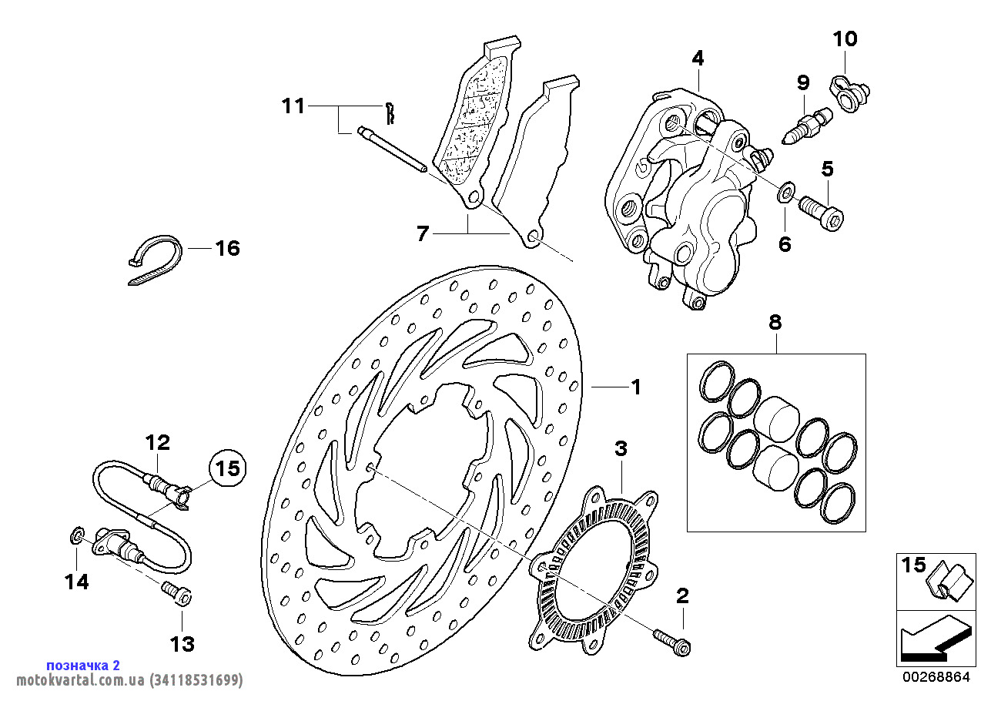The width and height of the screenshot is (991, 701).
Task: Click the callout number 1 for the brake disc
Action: tap(636, 387)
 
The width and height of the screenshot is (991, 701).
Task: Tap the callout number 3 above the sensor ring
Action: tap(621, 448)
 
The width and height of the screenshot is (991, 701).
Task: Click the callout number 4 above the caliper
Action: tap(697, 58)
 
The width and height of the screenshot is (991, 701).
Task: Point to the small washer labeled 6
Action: tap(785, 191)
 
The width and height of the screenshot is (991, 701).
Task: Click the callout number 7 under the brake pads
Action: tap(422, 233)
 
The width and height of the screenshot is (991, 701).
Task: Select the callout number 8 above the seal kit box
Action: tap(775, 322)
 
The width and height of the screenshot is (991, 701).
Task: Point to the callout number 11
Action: tap(293, 106)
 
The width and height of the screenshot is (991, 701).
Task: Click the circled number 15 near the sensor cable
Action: tap(227, 468)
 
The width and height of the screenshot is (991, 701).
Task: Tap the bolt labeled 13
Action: tap(177, 594)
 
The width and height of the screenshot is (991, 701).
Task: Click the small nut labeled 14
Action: tap(77, 533)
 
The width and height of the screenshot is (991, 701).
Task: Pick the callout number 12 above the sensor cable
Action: tap(158, 443)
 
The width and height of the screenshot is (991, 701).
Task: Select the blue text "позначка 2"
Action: tap(83, 666)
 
